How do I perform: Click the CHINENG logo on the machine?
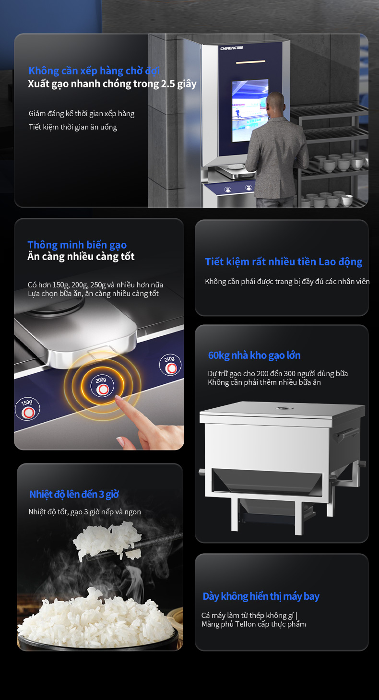[232, 48]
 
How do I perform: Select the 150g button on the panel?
[27, 409]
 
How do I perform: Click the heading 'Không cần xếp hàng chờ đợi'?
[94, 71]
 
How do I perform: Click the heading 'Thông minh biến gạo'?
[77, 245]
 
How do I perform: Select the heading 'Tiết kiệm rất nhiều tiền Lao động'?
[284, 262]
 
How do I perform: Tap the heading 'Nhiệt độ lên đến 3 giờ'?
[74, 494]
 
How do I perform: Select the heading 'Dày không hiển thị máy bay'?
[261, 596]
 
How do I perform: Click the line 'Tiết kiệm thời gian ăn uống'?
[73, 127]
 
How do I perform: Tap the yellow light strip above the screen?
[250, 62]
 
